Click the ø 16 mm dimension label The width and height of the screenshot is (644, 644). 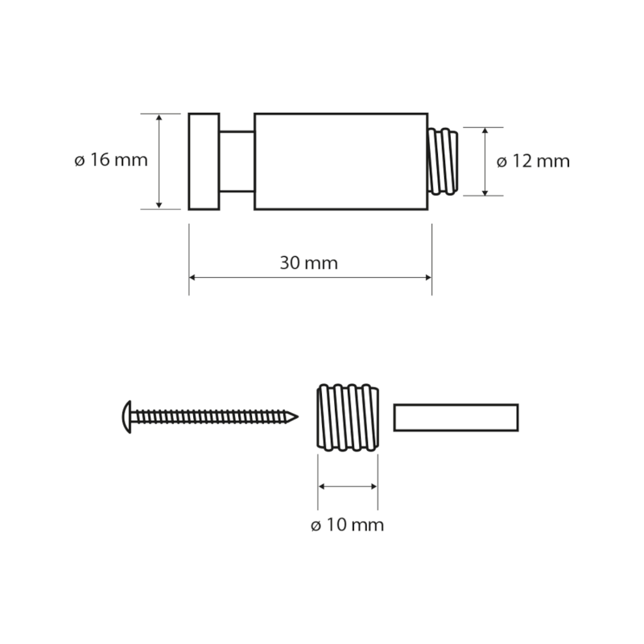coord(110,160)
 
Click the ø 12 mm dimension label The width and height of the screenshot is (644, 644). coord(533,161)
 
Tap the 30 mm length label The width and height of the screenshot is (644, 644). coord(309,262)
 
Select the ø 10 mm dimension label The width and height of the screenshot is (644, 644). coord(347,526)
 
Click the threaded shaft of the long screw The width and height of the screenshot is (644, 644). coord(209,416)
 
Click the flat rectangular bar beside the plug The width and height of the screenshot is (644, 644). coord(456,416)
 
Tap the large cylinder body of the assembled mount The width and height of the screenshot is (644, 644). coord(341,161)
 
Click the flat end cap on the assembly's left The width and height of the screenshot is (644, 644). coord(204,161)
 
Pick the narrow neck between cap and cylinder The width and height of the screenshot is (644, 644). coord(237,161)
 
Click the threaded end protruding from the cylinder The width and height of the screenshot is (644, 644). coord(442,161)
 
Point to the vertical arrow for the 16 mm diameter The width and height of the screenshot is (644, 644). coord(159,161)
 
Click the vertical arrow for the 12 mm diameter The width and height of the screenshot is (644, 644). coord(485,161)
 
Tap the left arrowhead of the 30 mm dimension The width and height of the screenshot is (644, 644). coord(193,278)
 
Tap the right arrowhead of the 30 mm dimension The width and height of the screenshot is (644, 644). coord(427,278)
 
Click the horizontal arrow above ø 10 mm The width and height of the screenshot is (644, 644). coord(348,486)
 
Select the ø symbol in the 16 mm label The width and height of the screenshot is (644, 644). coord(79,160)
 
